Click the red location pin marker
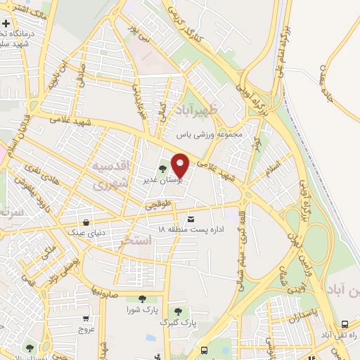click(x=181, y=165)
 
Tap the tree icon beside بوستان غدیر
click(x=163, y=169)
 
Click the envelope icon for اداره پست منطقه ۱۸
click(x=191, y=220)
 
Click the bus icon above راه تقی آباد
click(x=345, y=324)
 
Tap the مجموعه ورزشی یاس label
click(x=209, y=134)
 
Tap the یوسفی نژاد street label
click(x=73, y=270)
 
